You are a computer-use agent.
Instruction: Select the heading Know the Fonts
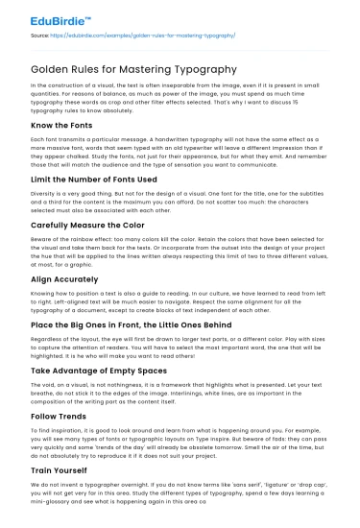(64, 126)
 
